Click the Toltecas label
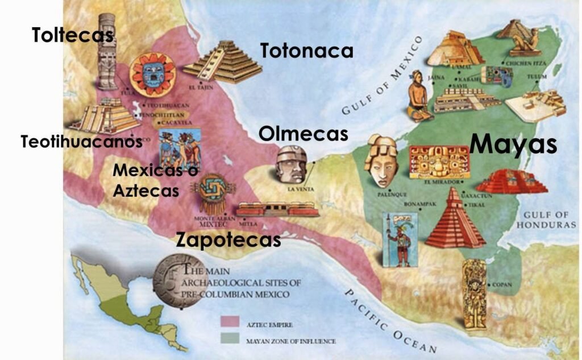click(73, 35)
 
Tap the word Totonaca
click(307, 51)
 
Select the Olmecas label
click(303, 134)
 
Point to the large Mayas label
click(513, 144)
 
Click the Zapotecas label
click(228, 239)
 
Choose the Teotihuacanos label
click(81, 142)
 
